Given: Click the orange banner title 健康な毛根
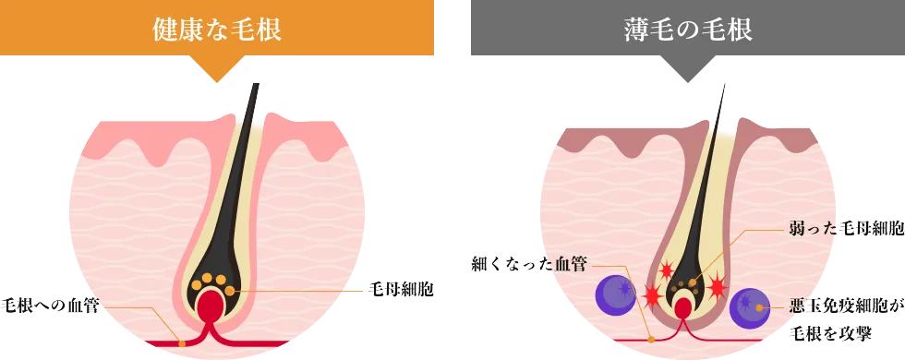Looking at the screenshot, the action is (x=216, y=30).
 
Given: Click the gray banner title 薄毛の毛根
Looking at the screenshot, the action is (x=688, y=30).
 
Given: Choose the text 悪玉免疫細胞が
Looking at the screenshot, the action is (x=845, y=306).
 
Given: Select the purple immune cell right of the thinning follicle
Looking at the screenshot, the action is (x=749, y=308).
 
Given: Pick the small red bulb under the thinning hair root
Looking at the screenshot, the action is (x=683, y=306).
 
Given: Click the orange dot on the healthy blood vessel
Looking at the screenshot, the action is (x=182, y=343).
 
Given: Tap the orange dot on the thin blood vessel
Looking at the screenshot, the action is (x=652, y=339).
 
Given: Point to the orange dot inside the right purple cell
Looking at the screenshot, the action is (x=759, y=306).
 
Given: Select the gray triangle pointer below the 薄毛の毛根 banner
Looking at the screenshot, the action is (x=688, y=74).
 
